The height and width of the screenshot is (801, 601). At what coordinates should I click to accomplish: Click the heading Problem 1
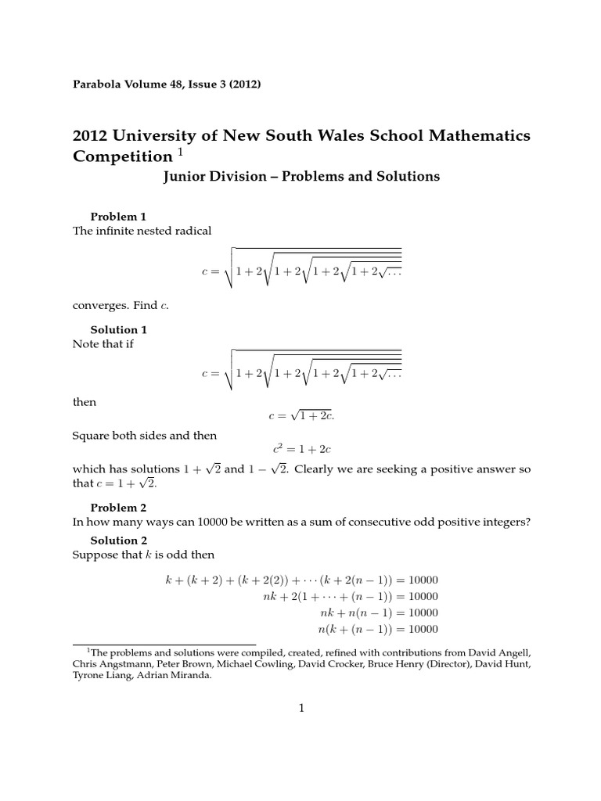[118, 217]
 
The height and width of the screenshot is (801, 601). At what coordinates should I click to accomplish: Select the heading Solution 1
[118, 330]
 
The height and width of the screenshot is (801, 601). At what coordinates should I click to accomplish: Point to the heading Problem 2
[118, 508]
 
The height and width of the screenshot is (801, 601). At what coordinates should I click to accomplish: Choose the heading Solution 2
[118, 541]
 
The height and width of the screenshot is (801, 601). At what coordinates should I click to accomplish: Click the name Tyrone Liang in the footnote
[106, 678]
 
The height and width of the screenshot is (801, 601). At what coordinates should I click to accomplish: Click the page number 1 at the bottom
[300, 709]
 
